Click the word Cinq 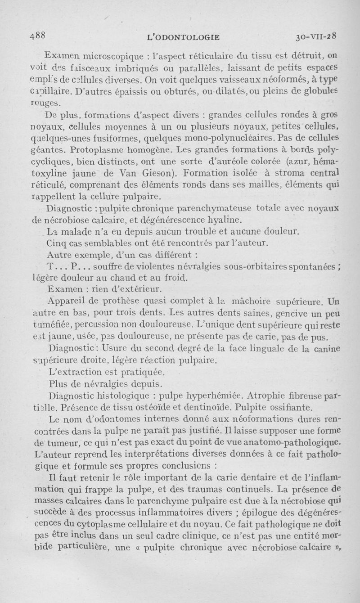[x=56, y=243]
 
